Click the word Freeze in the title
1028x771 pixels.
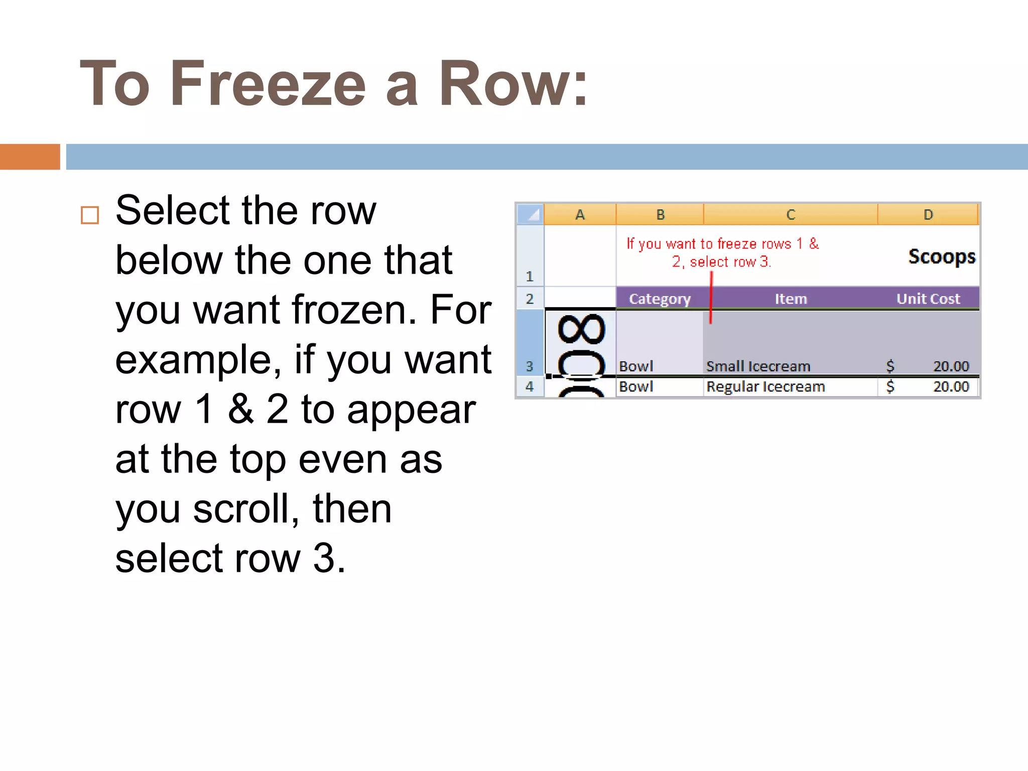coord(268,84)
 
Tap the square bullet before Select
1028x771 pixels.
coord(90,215)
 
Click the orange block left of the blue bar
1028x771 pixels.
coord(30,157)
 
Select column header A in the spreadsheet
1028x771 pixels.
coord(580,215)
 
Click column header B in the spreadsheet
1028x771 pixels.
coord(660,215)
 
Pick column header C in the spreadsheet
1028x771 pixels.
coord(791,215)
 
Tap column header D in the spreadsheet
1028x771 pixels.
coord(928,215)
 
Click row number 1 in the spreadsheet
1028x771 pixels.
coord(530,276)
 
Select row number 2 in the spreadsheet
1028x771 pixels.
coord(530,299)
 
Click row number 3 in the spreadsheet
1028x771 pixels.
coord(530,366)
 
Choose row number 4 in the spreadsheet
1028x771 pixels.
coord(530,387)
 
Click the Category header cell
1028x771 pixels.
coord(660,299)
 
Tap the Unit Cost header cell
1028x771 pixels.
coord(928,299)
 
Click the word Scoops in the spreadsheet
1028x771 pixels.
coord(942,256)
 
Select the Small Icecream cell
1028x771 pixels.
coord(758,366)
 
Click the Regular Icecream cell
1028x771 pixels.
coord(765,387)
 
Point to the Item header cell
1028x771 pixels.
coord(791,299)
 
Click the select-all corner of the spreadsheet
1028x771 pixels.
coord(530,214)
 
